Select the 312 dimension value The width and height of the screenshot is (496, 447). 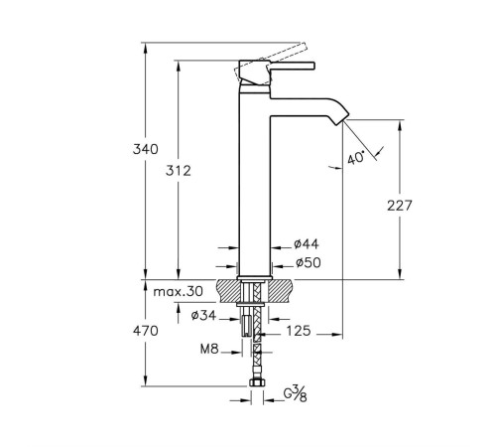click(178, 170)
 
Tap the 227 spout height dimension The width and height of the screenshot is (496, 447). click(398, 206)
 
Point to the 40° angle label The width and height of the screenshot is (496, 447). click(357, 157)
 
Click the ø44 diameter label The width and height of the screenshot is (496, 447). click(307, 244)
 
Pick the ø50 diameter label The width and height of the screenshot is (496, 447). click(307, 263)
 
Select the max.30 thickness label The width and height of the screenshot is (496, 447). click(180, 291)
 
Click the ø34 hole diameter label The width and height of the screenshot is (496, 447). click(204, 316)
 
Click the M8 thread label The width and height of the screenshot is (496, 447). click(209, 349)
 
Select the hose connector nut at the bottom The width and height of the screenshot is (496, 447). click(256, 382)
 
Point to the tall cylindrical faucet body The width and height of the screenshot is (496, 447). click(256, 179)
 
